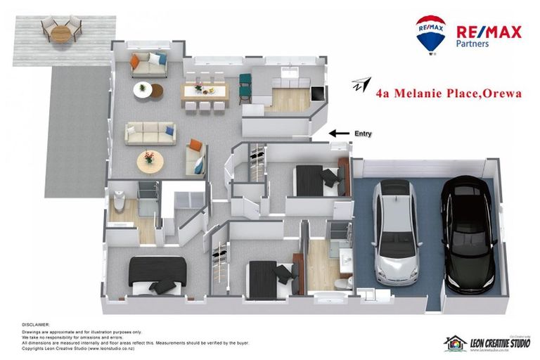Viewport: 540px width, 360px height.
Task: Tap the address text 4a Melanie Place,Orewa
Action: [449, 93]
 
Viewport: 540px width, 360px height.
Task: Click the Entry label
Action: [364, 134]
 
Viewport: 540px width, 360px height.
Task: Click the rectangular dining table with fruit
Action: [205, 91]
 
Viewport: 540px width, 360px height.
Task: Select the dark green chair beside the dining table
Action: [245, 87]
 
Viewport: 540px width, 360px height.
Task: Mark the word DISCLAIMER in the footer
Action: [36, 325]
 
